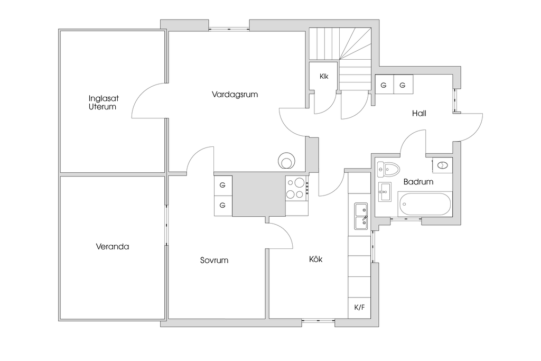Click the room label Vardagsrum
234,95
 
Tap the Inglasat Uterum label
102,102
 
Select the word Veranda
113,246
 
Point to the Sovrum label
214,260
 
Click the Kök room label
315,260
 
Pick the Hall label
419,113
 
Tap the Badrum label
418,182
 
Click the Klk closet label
324,77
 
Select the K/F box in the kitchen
359,308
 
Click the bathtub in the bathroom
425,204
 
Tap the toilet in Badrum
390,169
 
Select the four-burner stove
296,188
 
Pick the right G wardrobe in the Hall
403,85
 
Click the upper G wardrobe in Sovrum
222,185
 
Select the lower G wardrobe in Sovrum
222,205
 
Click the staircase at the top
341,53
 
